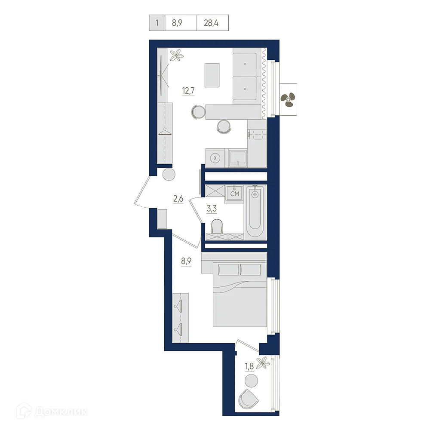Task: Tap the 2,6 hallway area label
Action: (x=178, y=199)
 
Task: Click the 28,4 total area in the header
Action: (x=211, y=23)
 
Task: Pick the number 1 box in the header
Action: (x=157, y=23)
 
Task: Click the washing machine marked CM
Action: (x=234, y=194)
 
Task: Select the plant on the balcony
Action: (x=262, y=361)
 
